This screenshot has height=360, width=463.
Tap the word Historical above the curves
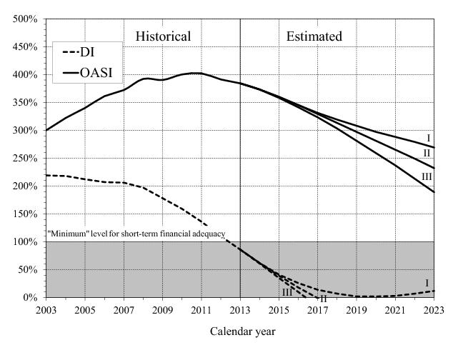click(x=163, y=36)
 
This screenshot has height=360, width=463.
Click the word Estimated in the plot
click(x=314, y=36)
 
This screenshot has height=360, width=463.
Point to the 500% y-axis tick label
click(x=26, y=19)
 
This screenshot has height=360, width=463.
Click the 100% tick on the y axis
click(x=26, y=242)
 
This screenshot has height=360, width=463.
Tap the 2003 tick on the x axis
click(x=46, y=310)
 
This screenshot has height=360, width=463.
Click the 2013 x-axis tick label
click(x=240, y=310)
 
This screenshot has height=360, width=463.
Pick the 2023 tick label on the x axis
click(x=434, y=310)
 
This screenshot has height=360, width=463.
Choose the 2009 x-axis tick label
click(x=163, y=310)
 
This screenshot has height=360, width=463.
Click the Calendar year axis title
click(x=242, y=331)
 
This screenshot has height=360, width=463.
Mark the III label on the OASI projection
click(x=426, y=177)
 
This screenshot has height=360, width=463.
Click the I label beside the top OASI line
click(x=428, y=138)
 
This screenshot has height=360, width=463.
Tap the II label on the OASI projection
click(x=427, y=152)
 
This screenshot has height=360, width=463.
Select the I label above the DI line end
click(x=427, y=283)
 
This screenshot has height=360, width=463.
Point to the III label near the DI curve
click(x=287, y=291)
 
